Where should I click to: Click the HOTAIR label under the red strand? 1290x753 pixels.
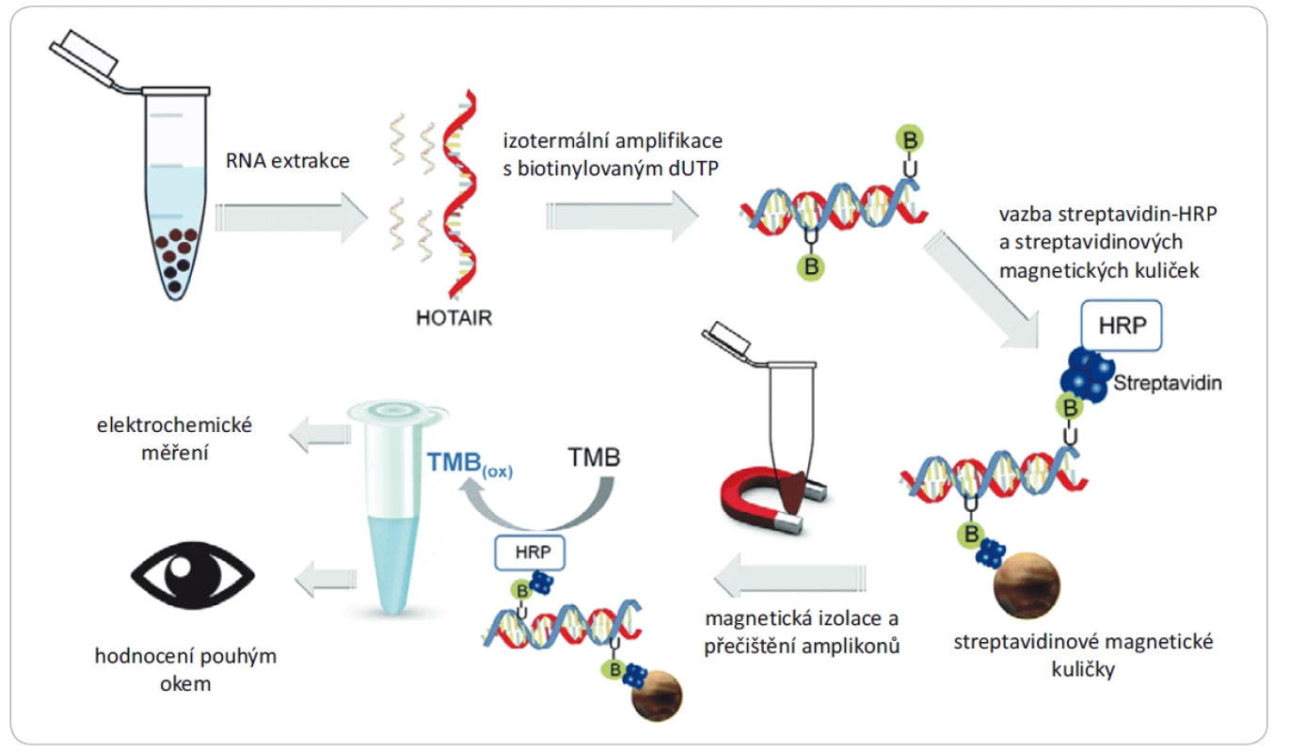coord(454,317)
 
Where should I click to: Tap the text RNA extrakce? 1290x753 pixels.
coord(287,161)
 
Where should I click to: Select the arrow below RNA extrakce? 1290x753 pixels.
coord(292,217)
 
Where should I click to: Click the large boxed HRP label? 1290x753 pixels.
coord(1122,326)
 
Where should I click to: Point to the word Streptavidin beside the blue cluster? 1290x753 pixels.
coord(1168,383)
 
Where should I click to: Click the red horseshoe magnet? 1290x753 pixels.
coord(772,498)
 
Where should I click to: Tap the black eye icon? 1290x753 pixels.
coord(192,575)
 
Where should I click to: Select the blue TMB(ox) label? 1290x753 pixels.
coord(470,464)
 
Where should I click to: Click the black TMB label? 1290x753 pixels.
coord(594,457)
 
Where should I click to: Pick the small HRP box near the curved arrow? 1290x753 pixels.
coord(530,553)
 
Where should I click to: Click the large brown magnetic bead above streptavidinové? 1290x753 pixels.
coord(1027,585)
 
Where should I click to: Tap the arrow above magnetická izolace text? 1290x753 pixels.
coord(790,577)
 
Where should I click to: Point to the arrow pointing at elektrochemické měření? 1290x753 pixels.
coord(320,435)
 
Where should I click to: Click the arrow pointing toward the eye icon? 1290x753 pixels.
coord(326,579)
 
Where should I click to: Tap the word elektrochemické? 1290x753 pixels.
coord(174,425)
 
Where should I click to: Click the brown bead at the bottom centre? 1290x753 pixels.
coord(657,696)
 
